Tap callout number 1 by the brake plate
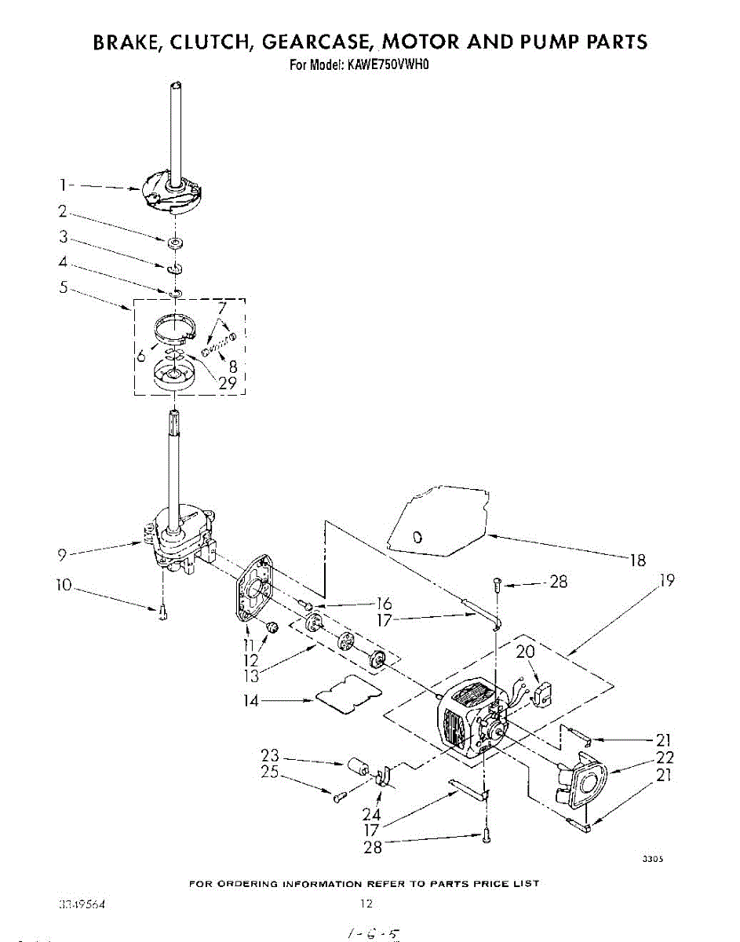click(62, 185)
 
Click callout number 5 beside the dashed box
click(62, 287)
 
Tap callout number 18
click(638, 560)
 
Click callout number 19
click(667, 581)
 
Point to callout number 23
click(270, 756)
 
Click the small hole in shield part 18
click(417, 538)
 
